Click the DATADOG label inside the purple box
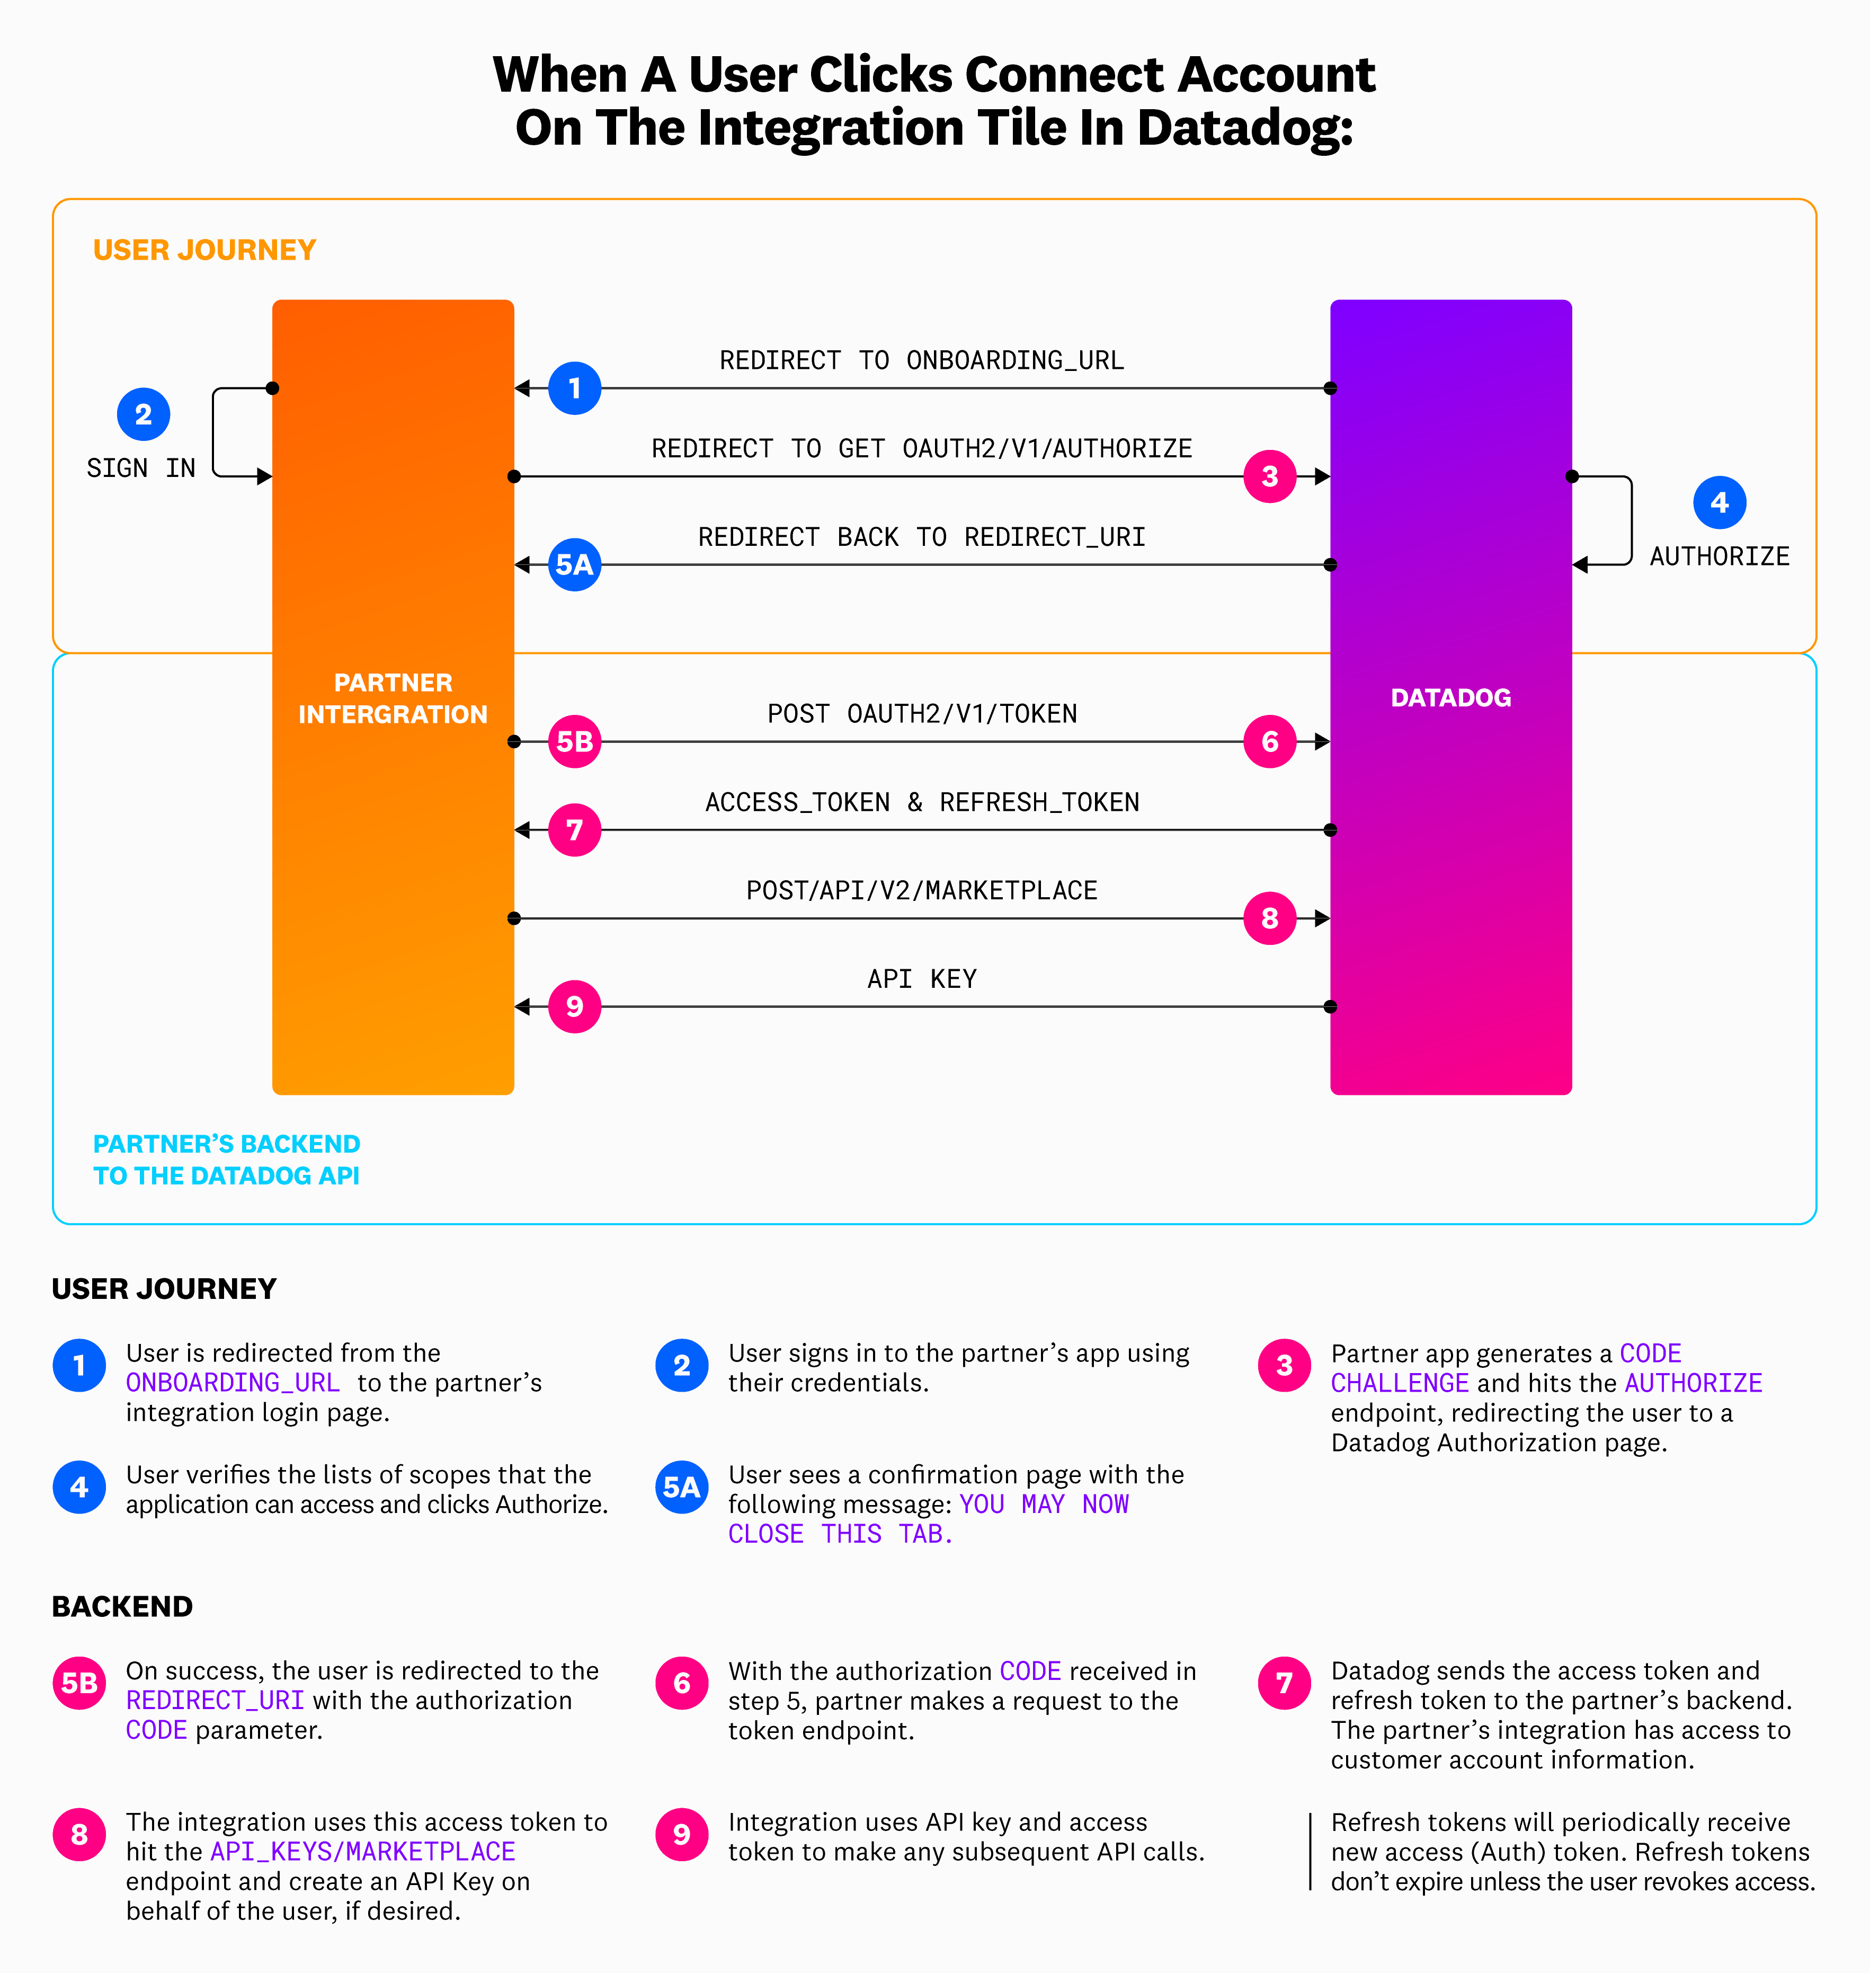coord(1450,698)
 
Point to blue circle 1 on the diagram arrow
coord(574,388)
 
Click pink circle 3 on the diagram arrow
coord(1269,476)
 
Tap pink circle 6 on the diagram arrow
coord(1269,742)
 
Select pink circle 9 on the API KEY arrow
coord(574,1007)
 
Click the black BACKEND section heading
coord(122,1606)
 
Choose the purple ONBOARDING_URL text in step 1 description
coord(232,1383)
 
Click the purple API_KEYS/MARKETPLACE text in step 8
coord(363,1851)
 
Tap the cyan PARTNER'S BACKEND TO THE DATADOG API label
coord(226,1160)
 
